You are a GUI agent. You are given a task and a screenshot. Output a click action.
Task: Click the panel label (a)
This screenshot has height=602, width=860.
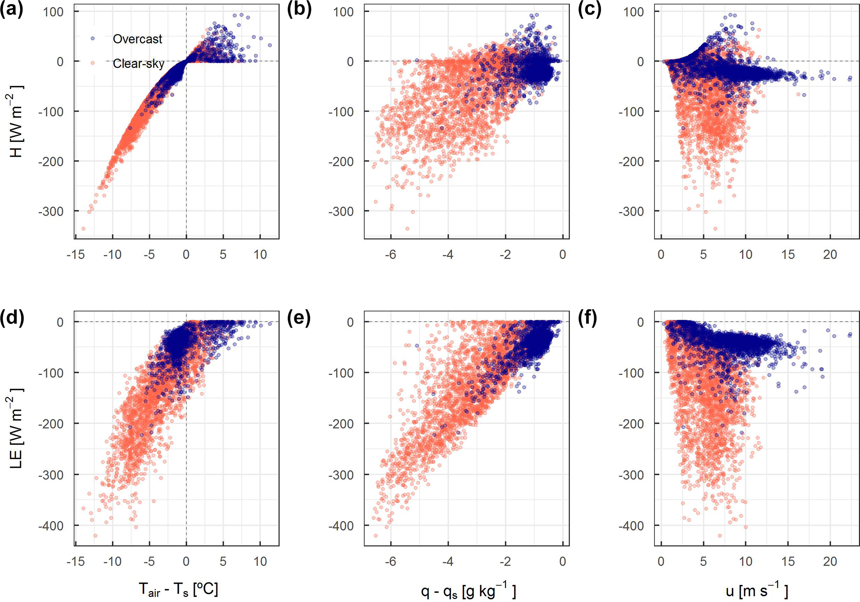11,10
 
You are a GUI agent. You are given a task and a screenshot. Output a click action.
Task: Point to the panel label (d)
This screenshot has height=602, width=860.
11,318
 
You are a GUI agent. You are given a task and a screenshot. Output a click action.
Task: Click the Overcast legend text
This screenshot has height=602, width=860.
137,39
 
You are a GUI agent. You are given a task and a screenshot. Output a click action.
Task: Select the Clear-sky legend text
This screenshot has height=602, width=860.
139,64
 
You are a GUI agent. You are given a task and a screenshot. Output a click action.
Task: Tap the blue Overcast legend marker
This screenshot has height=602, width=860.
93,38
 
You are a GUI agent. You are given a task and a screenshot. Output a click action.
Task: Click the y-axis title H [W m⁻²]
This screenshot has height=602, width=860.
16,121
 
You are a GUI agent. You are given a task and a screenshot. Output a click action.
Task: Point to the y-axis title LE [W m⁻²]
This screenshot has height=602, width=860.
16,428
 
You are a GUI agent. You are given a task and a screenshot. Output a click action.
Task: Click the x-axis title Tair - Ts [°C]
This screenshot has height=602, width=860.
178,590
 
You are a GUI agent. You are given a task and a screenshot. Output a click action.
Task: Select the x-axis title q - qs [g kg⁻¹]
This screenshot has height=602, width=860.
468,590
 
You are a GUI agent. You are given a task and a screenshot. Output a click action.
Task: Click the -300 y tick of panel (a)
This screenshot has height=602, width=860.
51,212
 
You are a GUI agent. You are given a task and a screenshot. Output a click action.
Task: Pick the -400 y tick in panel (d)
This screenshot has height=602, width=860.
51,526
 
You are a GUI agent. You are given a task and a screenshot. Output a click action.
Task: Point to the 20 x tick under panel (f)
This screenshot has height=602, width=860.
830,562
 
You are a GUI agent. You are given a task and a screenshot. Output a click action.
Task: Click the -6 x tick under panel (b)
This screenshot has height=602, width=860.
390,254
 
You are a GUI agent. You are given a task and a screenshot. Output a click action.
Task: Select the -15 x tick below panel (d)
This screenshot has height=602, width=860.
76,562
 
